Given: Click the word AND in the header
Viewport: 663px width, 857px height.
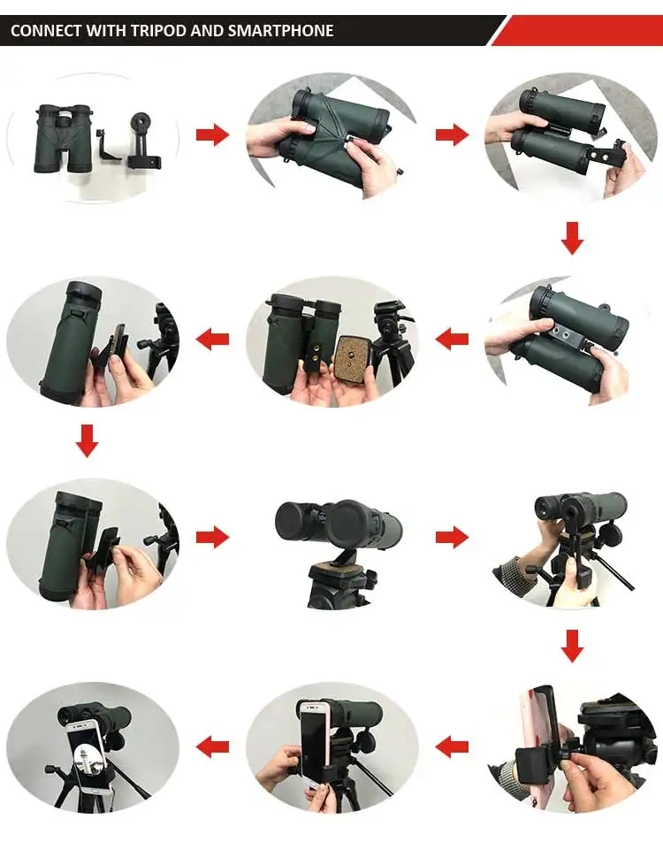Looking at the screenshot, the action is (x=207, y=31).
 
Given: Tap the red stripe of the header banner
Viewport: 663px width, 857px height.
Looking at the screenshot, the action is (x=579, y=31).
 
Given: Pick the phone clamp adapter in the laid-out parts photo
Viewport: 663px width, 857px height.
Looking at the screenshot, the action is (x=143, y=141).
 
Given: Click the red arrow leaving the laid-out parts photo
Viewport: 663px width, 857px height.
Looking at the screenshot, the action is (x=212, y=134).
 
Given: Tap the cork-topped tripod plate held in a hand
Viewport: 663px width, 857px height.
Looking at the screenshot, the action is (x=353, y=359).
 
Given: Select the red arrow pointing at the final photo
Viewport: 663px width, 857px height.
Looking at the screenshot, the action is (x=212, y=746).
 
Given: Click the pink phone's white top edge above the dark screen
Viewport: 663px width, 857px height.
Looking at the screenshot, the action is (x=312, y=707).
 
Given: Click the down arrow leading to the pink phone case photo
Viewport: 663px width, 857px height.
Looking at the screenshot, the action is (x=572, y=646).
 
